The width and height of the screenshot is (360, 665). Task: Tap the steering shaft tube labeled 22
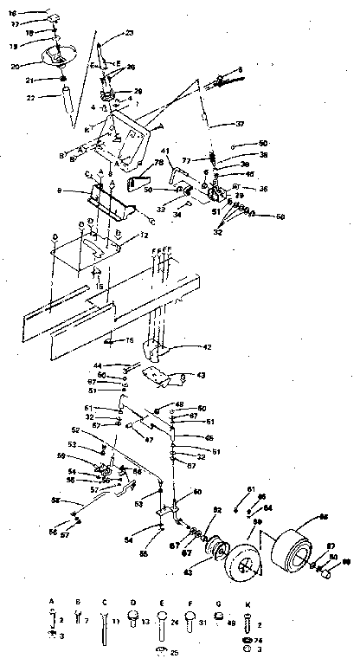point(65,109)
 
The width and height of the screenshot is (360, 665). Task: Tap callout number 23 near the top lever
point(130,33)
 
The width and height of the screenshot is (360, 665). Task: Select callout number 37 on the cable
point(240,125)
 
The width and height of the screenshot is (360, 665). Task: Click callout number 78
point(158,163)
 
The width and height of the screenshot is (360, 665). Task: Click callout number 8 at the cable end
point(240,68)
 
